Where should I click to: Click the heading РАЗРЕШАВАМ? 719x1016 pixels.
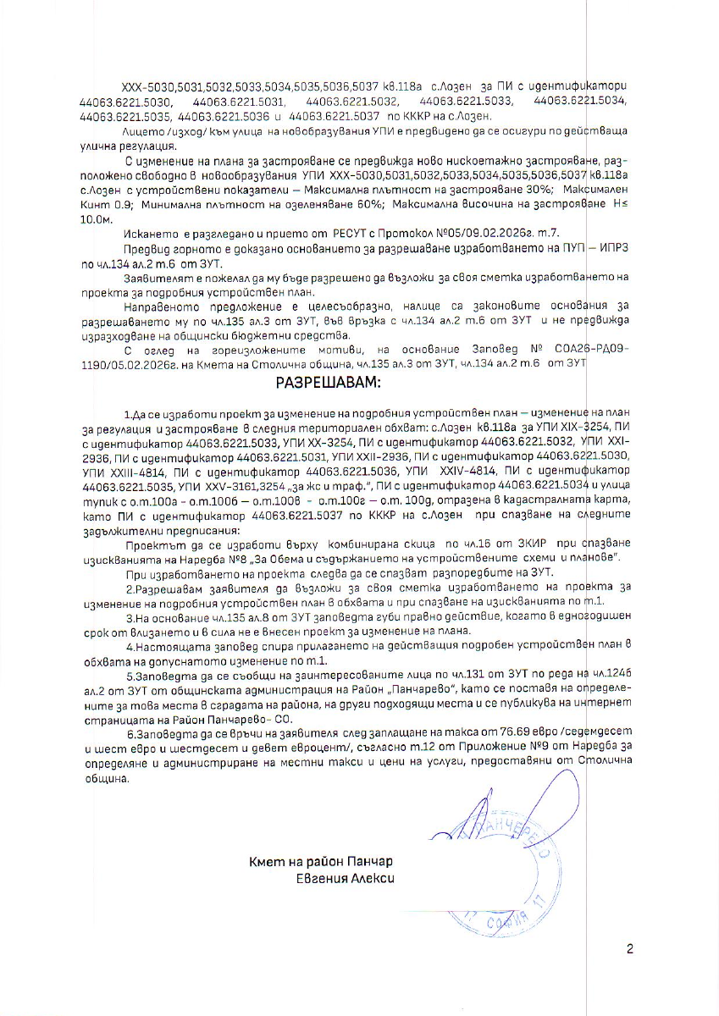[x=329, y=383]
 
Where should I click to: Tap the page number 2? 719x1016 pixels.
[x=629, y=948]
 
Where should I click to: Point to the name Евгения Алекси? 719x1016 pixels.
[x=339, y=879]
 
